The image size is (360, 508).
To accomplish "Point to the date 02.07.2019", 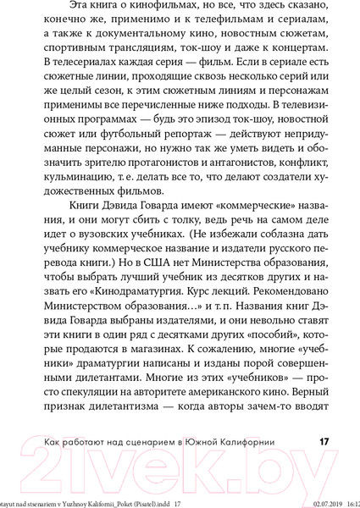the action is click(x=308, y=501).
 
